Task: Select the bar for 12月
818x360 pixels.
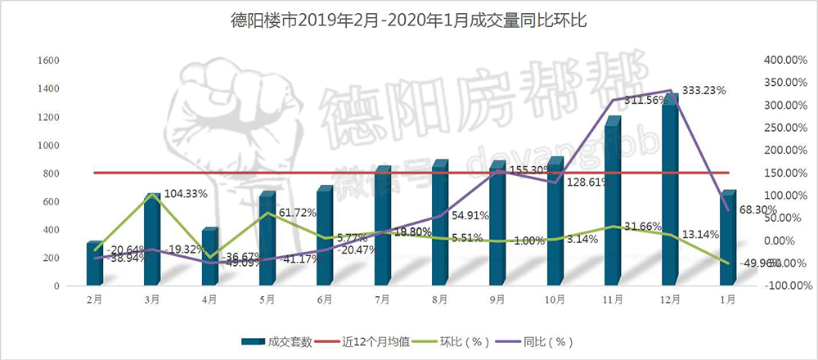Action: click(x=670, y=196)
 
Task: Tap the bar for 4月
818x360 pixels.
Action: click(x=209, y=258)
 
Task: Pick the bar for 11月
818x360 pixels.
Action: click(x=613, y=205)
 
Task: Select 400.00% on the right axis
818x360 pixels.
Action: click(x=784, y=61)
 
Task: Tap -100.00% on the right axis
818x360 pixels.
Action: click(x=784, y=286)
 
